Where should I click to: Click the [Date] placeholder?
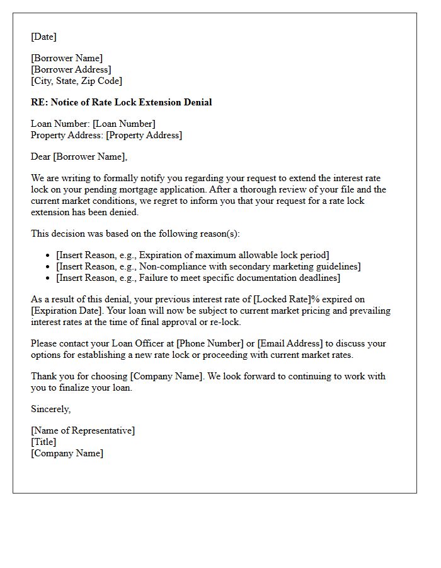click(x=43, y=37)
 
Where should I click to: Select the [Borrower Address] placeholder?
click(x=71, y=69)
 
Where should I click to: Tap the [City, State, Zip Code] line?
click(x=76, y=81)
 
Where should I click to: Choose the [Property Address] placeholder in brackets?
click(x=144, y=135)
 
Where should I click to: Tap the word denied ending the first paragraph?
click(x=123, y=212)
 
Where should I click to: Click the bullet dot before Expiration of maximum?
click(x=49, y=256)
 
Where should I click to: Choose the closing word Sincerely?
click(x=50, y=409)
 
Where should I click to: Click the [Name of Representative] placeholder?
click(x=83, y=430)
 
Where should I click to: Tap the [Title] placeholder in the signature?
click(x=43, y=442)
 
